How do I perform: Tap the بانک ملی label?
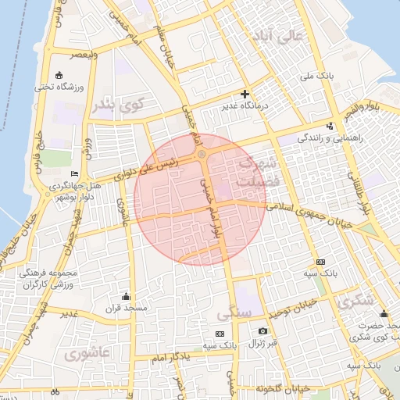[320, 77]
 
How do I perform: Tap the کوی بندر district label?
[118, 105]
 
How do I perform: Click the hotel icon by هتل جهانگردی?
[74, 173]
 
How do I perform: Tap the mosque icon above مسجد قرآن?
[126, 296]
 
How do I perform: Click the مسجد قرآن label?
[127, 309]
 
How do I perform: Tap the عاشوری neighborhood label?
[89, 353]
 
